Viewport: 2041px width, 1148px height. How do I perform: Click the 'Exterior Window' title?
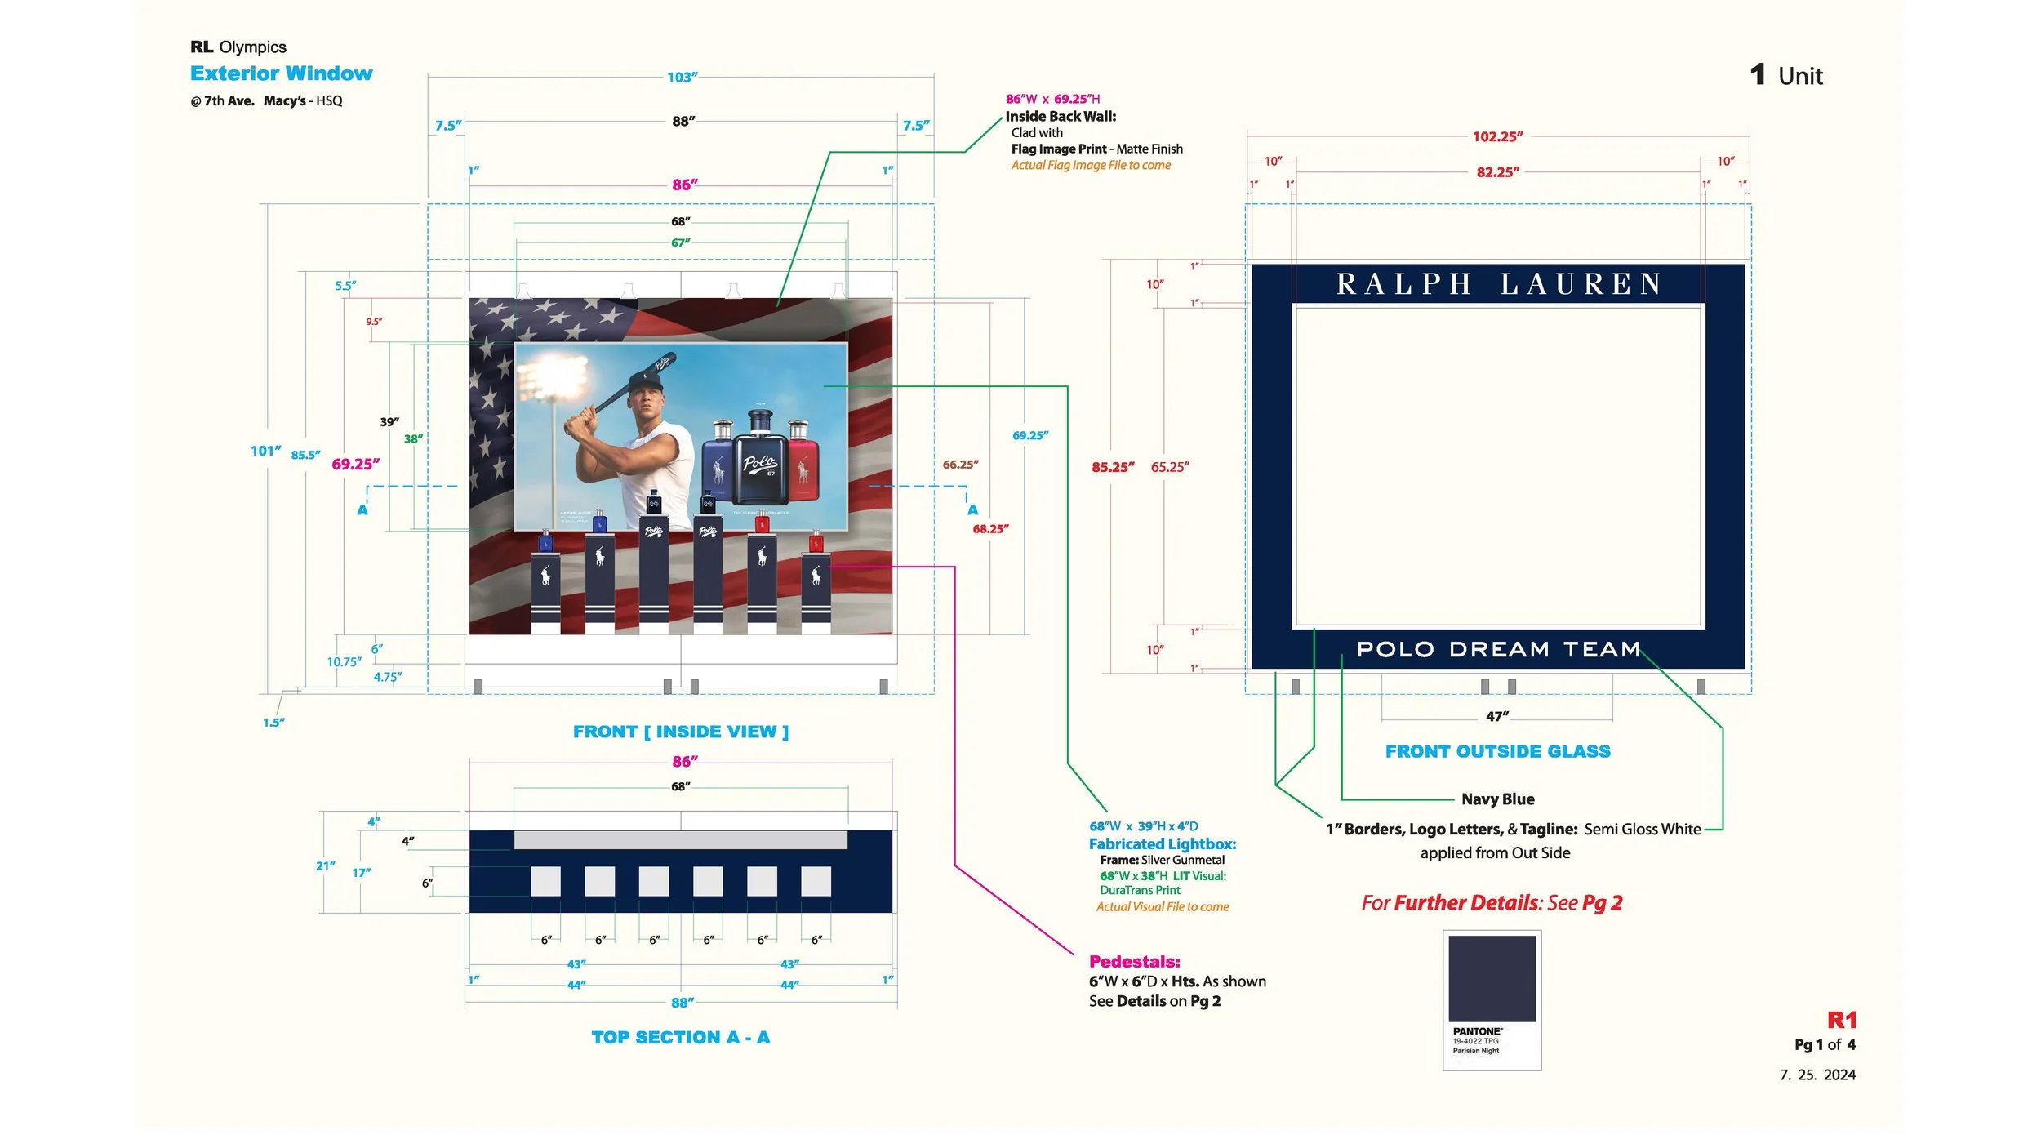[281, 73]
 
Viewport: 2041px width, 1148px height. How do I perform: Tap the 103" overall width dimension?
[682, 78]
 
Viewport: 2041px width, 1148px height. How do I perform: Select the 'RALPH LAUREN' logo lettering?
[1499, 284]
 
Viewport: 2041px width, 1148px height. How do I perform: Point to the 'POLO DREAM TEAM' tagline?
[1498, 650]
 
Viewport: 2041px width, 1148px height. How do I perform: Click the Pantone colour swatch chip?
[1492, 978]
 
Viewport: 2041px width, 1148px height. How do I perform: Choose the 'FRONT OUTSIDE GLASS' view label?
[1497, 752]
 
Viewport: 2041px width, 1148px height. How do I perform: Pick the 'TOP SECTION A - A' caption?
[680, 1038]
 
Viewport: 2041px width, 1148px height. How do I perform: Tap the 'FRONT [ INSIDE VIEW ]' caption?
[680, 732]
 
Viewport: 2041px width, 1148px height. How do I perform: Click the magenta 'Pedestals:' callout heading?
[1134, 962]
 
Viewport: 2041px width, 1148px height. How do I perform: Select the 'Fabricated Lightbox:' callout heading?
[1162, 844]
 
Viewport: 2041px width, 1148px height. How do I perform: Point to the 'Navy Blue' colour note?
[1497, 799]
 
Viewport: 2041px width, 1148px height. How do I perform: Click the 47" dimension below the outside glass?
[1496, 717]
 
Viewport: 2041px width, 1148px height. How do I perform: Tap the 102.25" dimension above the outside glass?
[1497, 137]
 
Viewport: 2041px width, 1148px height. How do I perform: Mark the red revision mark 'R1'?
[1841, 1021]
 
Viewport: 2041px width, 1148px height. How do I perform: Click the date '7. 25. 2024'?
[1816, 1075]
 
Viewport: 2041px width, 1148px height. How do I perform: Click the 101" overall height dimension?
[265, 451]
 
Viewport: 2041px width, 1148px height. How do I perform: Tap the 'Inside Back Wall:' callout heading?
[1060, 117]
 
